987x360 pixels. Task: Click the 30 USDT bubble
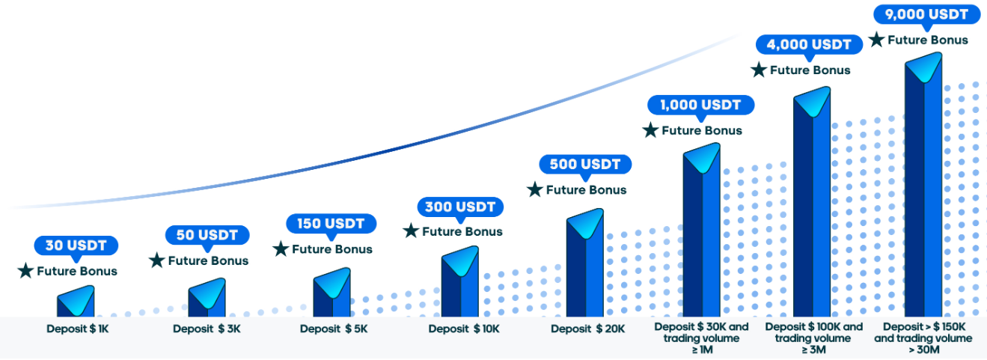pos(76,246)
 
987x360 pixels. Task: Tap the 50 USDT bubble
pos(207,235)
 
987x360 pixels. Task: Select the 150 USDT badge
pos(331,224)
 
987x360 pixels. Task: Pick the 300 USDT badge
pos(460,207)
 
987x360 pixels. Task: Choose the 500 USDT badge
pos(585,165)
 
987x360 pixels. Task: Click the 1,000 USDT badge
pos(700,106)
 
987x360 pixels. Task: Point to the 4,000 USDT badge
pos(809,44)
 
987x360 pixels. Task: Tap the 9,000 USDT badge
pos(926,14)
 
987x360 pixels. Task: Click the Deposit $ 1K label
pos(78,329)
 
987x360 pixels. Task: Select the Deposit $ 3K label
pos(207,329)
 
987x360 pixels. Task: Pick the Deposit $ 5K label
pos(334,329)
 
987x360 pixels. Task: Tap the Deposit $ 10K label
pos(464,329)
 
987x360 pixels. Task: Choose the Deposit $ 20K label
pos(588,329)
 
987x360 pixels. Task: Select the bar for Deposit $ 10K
pos(460,283)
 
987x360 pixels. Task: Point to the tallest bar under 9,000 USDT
pos(923,185)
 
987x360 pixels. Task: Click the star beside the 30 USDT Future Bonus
pos(25,270)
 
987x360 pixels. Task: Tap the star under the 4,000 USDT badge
pos(759,70)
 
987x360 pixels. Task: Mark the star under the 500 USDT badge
pos(535,189)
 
